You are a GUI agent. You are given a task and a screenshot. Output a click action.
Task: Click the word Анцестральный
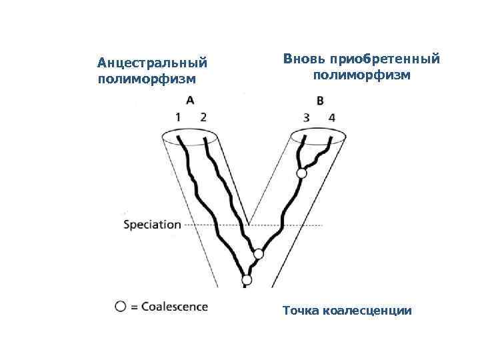[x=153, y=63]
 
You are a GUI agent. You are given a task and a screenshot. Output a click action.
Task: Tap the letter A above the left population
[x=189, y=101]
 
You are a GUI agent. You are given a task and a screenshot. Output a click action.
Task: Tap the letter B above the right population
[x=320, y=101]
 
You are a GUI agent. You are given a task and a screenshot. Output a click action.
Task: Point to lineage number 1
[x=178, y=117]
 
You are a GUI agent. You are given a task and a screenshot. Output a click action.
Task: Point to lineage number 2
[x=203, y=117]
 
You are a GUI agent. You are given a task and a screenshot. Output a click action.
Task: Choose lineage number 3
[x=306, y=118]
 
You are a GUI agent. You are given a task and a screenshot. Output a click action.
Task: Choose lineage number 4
[x=331, y=118]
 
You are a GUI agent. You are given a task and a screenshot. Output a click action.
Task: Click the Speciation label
[x=152, y=225]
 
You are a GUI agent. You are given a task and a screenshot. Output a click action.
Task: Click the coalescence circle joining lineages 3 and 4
[x=301, y=173]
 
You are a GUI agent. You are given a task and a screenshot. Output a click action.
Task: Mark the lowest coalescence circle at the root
[x=247, y=280]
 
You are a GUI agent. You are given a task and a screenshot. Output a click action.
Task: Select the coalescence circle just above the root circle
[x=259, y=254]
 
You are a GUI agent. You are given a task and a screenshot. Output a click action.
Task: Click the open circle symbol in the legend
[x=120, y=307]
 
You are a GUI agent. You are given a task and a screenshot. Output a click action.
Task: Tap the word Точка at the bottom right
[x=301, y=311]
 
